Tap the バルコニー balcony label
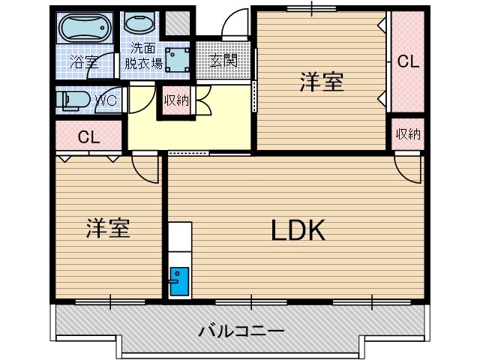point(241,330)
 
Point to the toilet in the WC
point(73,100)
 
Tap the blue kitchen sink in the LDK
point(180,282)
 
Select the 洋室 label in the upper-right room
point(322,82)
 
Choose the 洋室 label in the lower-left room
point(107,228)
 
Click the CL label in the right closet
point(407,61)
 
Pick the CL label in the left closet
point(89,137)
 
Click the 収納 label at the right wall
point(407,134)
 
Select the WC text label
point(104,100)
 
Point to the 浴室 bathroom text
point(84,62)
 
